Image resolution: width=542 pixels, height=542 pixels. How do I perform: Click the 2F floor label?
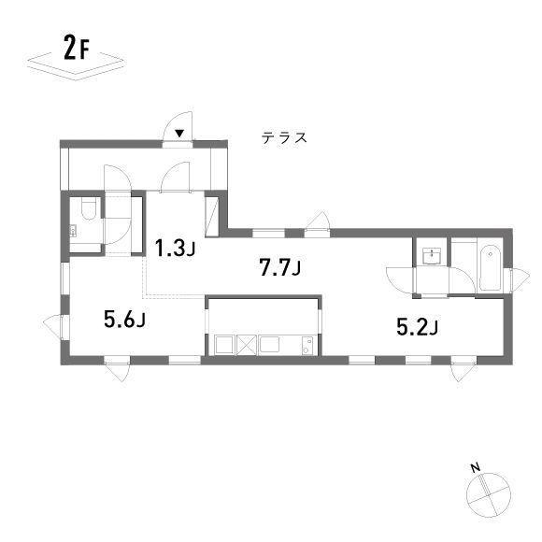[x=77, y=48]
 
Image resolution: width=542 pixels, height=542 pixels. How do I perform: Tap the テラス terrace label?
[x=284, y=137]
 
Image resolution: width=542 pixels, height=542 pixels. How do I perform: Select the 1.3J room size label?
[x=175, y=248]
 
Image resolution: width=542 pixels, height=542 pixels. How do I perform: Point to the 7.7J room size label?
[x=279, y=268]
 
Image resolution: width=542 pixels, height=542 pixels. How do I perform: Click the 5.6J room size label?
[x=124, y=319]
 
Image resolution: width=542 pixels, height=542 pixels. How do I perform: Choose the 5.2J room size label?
[x=417, y=327]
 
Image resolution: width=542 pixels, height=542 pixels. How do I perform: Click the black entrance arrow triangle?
[x=179, y=133]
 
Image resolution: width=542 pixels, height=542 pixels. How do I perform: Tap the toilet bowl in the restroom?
[x=88, y=208]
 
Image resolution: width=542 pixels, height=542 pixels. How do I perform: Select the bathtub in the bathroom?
[x=491, y=267]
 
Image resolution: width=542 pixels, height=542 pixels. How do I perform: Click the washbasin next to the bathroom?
[x=432, y=256]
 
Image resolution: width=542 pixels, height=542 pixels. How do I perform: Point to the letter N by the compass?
[x=476, y=468]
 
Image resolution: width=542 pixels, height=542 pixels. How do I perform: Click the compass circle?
[x=489, y=494]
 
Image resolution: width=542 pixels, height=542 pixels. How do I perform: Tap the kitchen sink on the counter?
[x=269, y=344]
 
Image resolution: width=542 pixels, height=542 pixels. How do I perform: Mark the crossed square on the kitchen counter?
[x=247, y=345]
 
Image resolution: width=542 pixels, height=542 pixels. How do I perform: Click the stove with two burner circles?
[x=307, y=346]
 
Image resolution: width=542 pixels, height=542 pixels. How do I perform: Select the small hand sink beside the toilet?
[x=73, y=231]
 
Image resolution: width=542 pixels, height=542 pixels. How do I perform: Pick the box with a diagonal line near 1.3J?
[x=211, y=217]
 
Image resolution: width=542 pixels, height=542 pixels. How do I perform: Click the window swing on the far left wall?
[x=51, y=325]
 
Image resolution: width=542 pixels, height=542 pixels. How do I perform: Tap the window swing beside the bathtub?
[x=521, y=280]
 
